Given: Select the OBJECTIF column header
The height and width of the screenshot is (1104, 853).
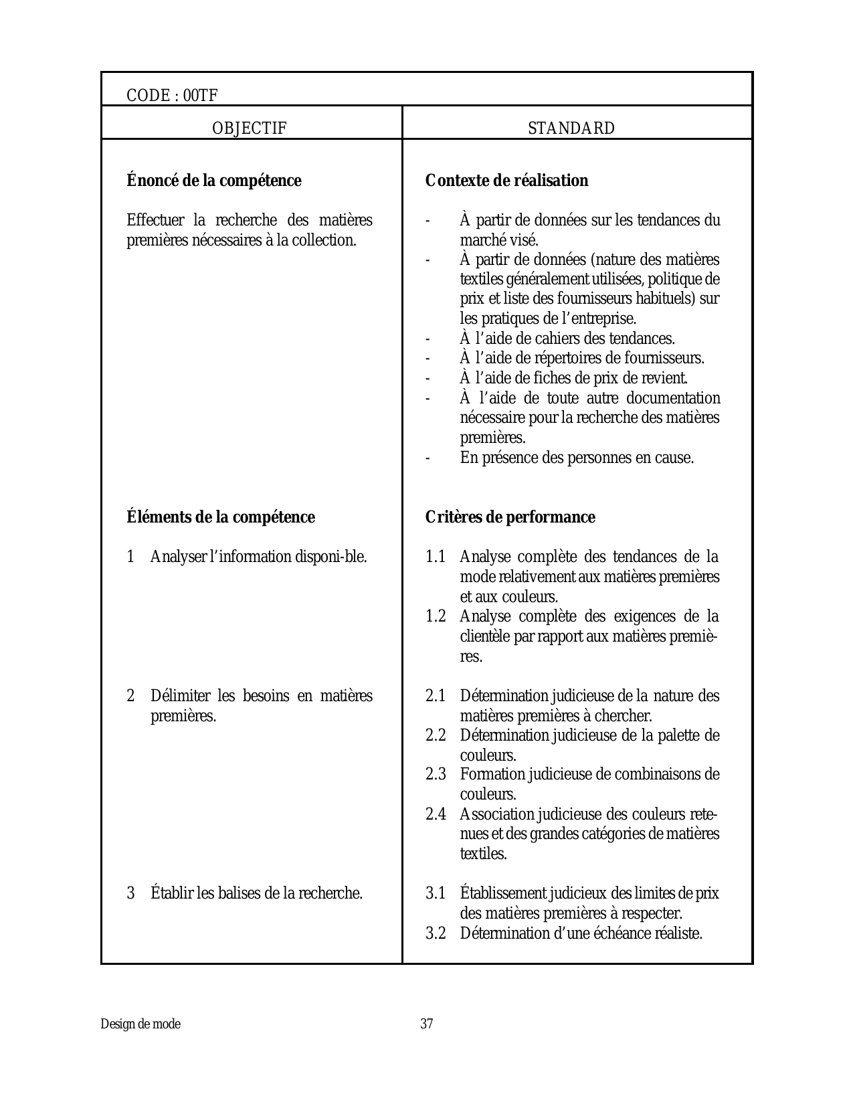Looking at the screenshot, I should (249, 128).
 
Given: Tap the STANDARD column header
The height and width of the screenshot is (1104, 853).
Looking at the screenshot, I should (571, 128).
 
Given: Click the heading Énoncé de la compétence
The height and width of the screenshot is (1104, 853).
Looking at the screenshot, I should (214, 181).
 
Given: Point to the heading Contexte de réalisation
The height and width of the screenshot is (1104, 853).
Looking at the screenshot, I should (506, 181).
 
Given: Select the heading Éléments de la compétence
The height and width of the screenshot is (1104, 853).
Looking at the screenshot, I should (221, 517).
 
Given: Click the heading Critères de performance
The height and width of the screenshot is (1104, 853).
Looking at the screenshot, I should (510, 517).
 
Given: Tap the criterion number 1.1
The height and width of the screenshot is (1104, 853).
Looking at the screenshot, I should (436, 557).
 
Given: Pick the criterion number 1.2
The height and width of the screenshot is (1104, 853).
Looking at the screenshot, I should (436, 616).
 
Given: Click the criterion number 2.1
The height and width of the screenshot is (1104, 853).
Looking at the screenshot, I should (436, 696).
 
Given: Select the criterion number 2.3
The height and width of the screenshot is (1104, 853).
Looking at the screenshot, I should (436, 775).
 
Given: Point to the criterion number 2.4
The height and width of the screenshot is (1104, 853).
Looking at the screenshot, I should (436, 814).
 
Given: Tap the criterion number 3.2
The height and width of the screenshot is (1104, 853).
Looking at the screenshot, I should (436, 933).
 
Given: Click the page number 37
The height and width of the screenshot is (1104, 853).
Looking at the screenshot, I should (427, 1024).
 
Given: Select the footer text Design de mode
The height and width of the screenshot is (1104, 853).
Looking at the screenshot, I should (140, 1024).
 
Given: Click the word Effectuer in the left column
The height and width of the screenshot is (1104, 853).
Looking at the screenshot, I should (151, 220).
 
